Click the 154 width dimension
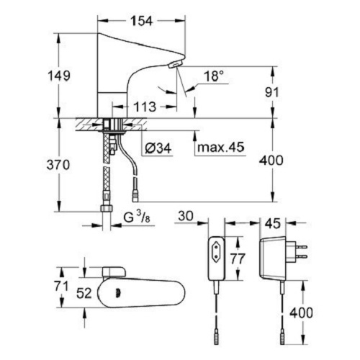click(141, 21)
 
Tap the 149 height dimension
click(59, 76)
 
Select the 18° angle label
click(213, 76)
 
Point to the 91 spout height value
click(272, 92)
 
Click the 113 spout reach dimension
click(145, 107)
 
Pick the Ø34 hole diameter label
click(158, 148)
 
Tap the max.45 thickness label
click(220, 147)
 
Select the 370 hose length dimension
click(58, 165)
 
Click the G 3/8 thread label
click(137, 217)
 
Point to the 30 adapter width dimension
click(186, 216)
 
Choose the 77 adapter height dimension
click(238, 258)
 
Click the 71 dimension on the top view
click(61, 286)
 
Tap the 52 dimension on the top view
click(84, 293)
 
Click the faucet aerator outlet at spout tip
click(176, 65)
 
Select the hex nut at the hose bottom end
click(107, 208)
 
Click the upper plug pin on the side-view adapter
click(302, 247)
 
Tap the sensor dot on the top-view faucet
click(118, 293)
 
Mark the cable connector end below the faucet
click(135, 199)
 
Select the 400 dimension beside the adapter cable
click(301, 312)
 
